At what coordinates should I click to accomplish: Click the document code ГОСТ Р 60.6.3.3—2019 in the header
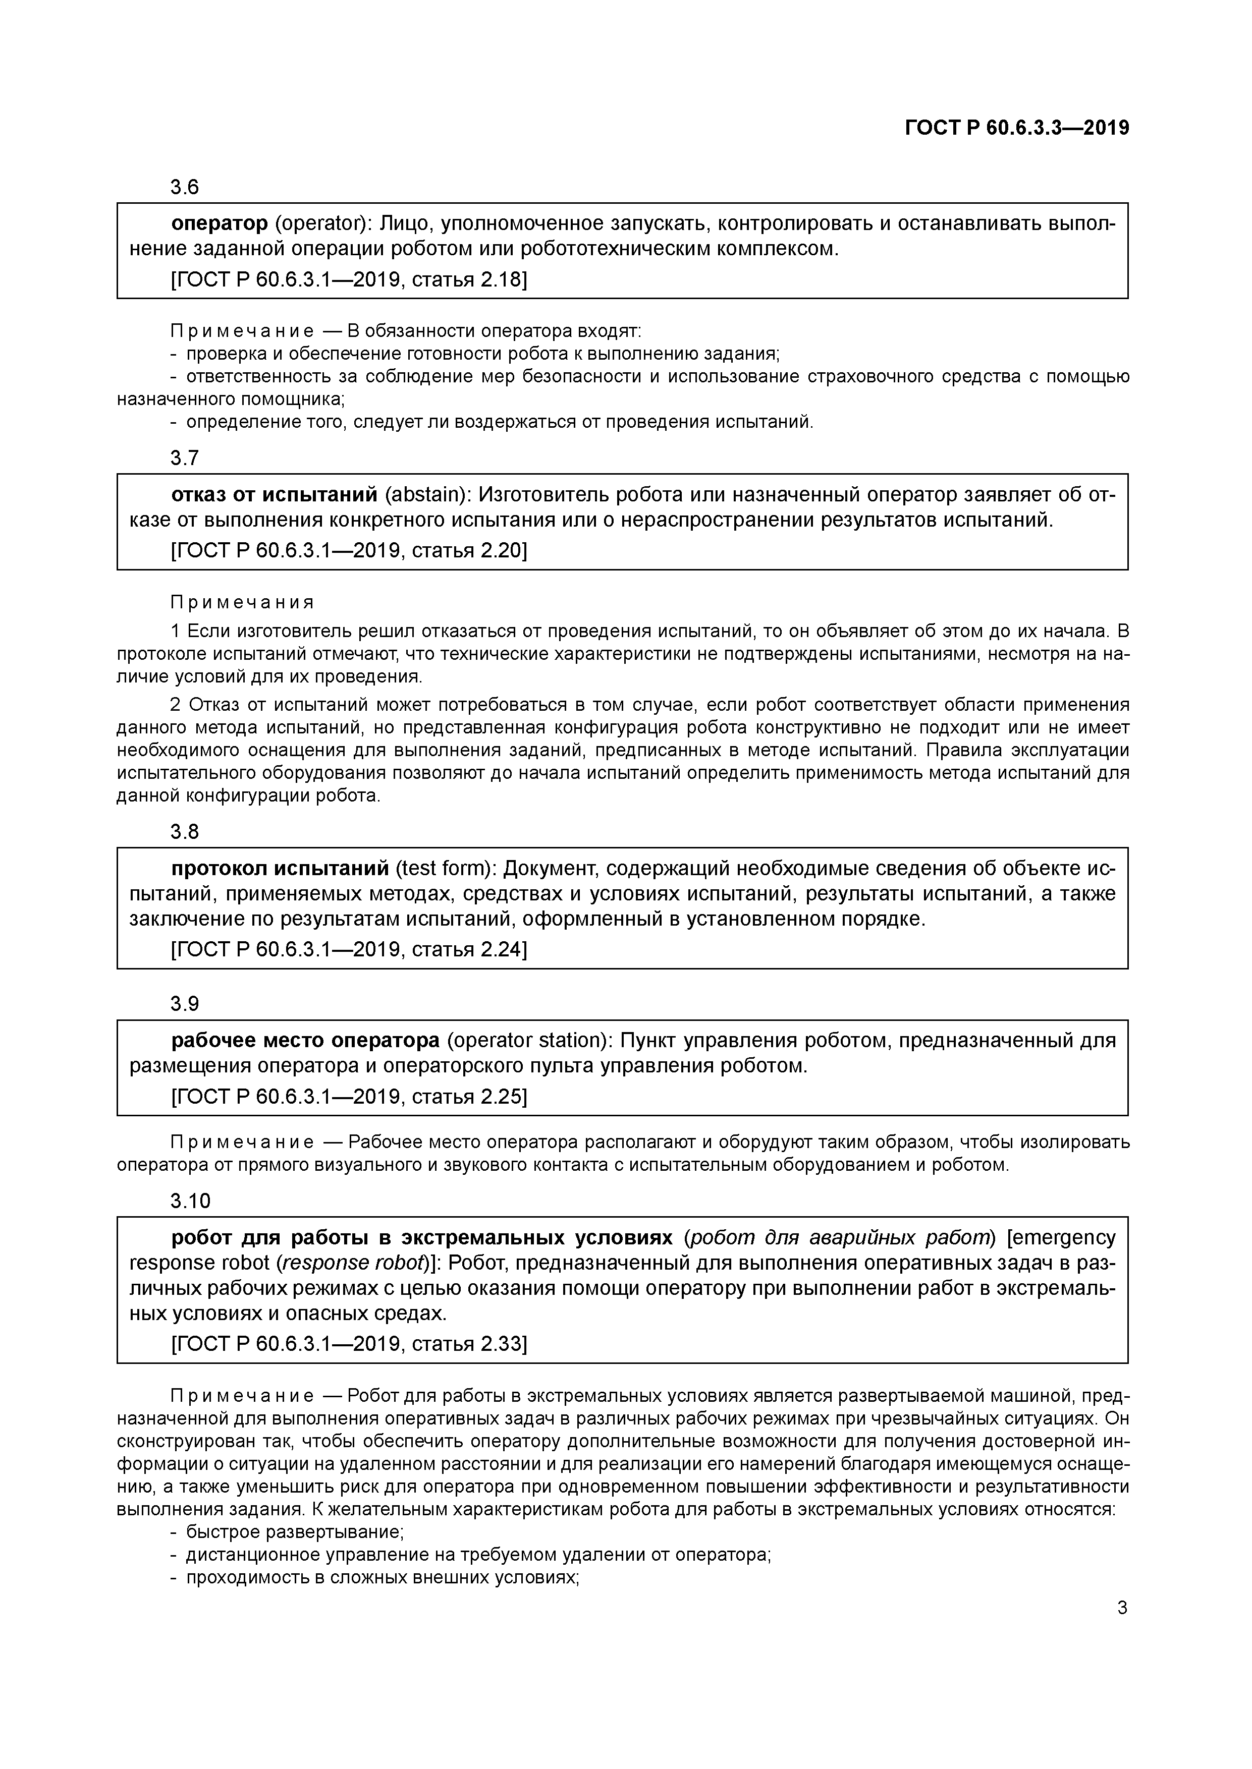point(1017,128)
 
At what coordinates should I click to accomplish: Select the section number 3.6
point(184,187)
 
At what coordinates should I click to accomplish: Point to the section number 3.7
point(184,459)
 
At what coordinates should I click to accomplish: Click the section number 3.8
point(184,832)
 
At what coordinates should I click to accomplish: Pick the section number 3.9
point(184,1004)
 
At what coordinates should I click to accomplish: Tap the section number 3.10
point(190,1201)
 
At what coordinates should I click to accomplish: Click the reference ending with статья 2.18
point(349,279)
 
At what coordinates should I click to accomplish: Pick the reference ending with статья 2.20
point(349,551)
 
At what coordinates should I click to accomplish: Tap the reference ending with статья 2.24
point(349,949)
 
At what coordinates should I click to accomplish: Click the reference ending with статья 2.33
point(349,1344)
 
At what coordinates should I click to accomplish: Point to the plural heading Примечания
point(242,602)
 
